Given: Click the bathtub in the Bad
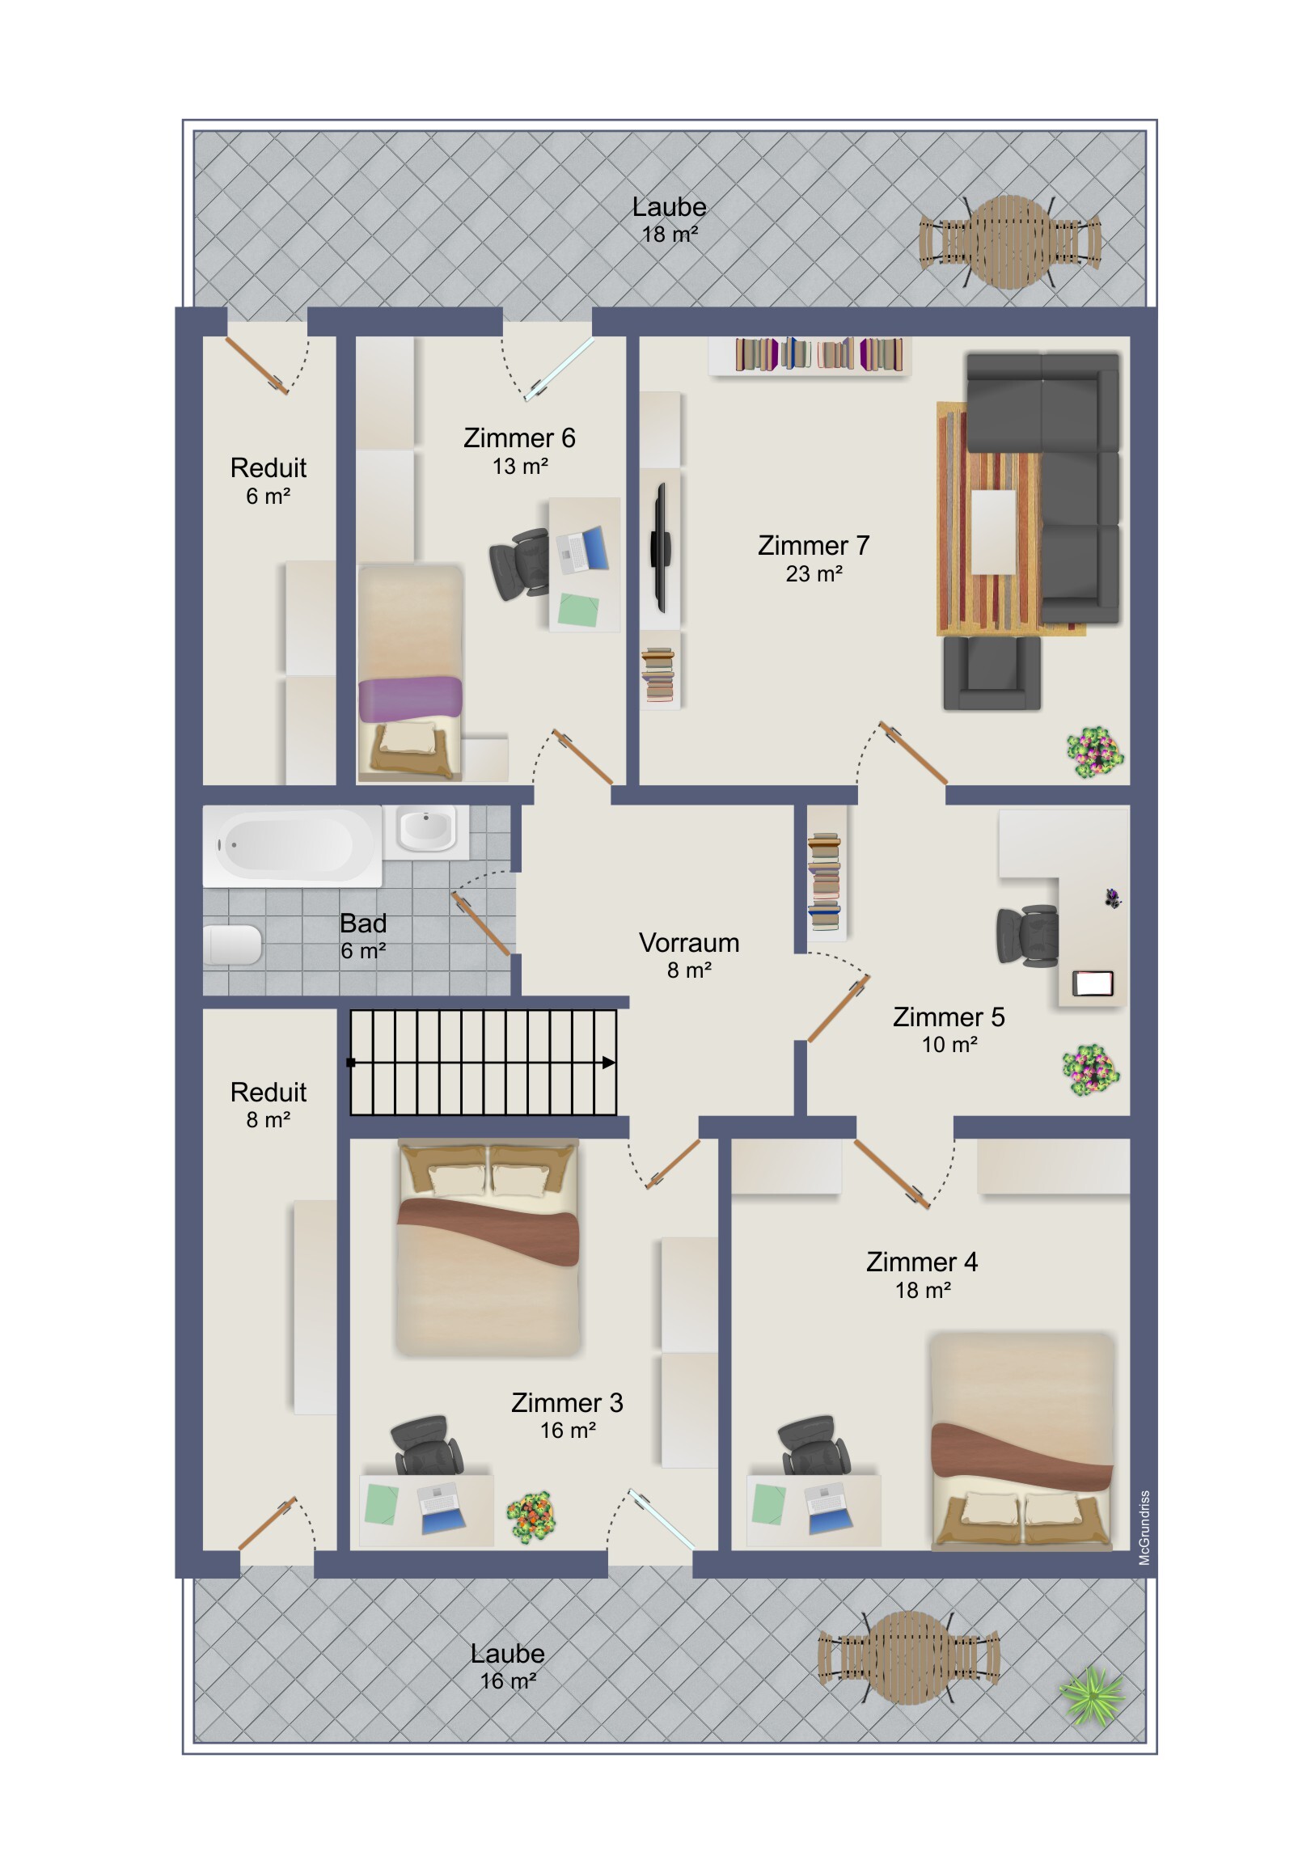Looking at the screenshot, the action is [x=292, y=845].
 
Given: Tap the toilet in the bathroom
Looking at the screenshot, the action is [x=232, y=945].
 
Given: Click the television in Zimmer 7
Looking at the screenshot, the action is [x=662, y=547].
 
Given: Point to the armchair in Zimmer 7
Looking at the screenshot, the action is [x=992, y=672].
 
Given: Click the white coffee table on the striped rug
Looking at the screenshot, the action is [x=993, y=532].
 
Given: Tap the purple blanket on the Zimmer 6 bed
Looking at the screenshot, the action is [x=410, y=699].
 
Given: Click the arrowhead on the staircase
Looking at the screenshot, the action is [x=608, y=1062].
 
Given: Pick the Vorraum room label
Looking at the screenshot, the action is [x=689, y=942].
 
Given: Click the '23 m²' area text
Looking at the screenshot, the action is [x=814, y=573].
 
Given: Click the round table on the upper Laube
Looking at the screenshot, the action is [x=1009, y=242].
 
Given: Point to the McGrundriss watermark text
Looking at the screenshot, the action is [x=1144, y=1528].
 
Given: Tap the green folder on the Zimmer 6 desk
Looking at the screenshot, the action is [x=578, y=609].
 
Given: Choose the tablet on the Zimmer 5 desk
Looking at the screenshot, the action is [x=1092, y=983].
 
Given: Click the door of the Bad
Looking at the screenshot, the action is [x=482, y=924].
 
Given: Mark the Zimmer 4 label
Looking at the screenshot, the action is [x=922, y=1262].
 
